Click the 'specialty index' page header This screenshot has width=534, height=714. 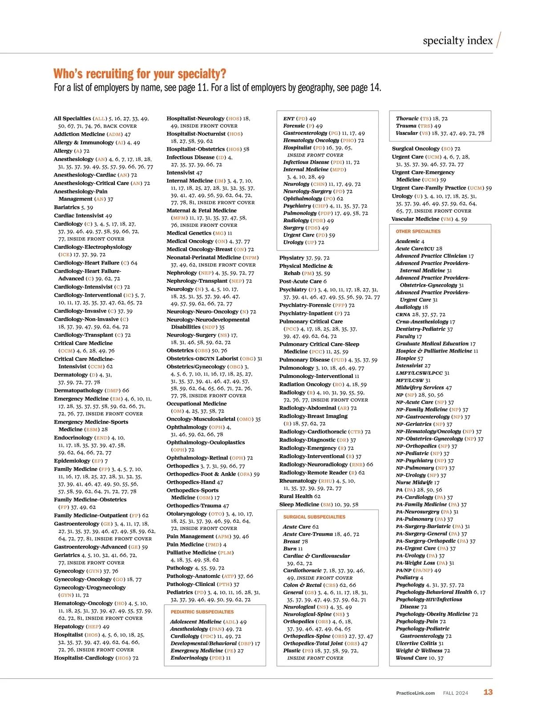click(x=457, y=41)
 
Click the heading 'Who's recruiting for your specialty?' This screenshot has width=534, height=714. click(x=140, y=74)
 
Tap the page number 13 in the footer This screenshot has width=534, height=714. click(x=488, y=692)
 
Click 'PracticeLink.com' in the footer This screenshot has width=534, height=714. click(x=415, y=693)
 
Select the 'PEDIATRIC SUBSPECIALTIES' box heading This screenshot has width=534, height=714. click(x=202, y=612)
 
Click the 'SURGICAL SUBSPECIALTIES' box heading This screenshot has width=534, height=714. click(x=314, y=517)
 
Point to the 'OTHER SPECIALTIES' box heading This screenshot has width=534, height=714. click(x=418, y=232)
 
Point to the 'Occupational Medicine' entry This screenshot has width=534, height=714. click(x=196, y=404)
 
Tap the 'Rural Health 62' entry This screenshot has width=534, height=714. click(x=299, y=496)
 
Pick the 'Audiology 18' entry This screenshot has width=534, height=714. click(x=412, y=307)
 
